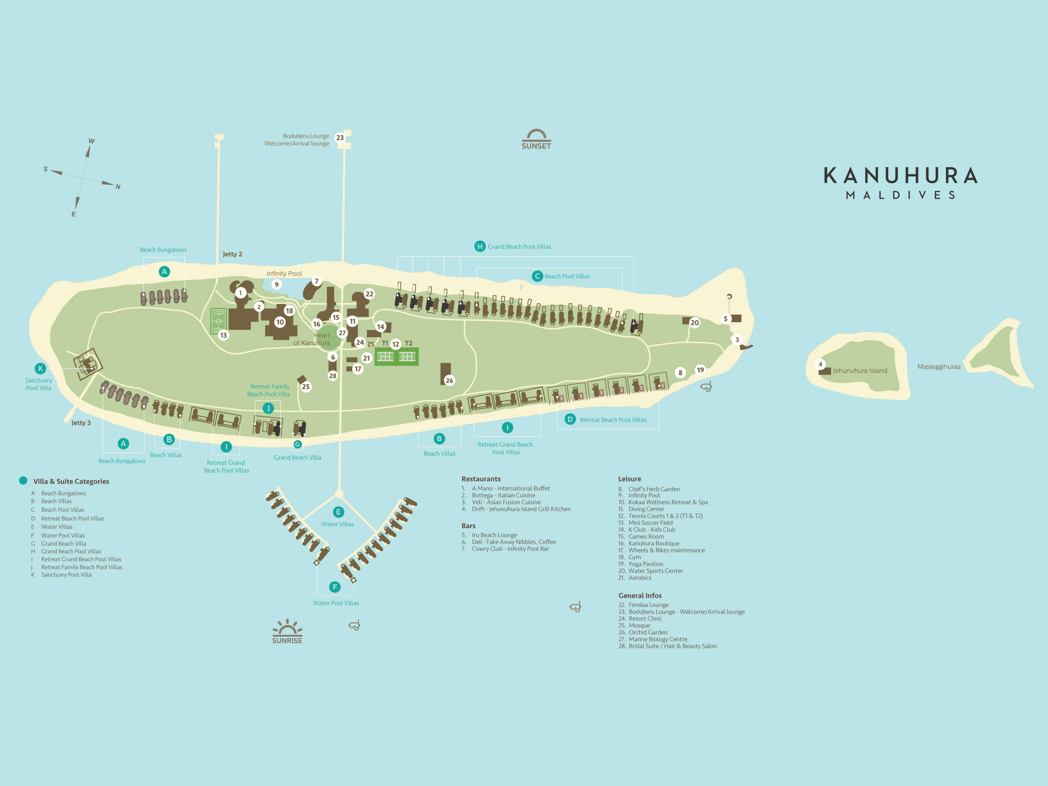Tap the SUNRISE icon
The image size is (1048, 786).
287,632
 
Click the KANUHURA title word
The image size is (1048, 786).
901,176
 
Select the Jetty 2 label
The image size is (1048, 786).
232,254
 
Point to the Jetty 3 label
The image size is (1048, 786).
81,422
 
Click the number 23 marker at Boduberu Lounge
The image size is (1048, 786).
340,138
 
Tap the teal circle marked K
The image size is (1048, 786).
40,368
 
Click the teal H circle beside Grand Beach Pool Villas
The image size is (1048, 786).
480,246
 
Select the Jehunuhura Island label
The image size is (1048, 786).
860,371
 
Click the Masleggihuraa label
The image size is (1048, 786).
939,367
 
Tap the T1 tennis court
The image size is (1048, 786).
385,356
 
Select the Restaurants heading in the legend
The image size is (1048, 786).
481,479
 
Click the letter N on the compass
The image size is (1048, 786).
118,187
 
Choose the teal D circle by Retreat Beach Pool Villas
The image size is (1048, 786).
570,419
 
